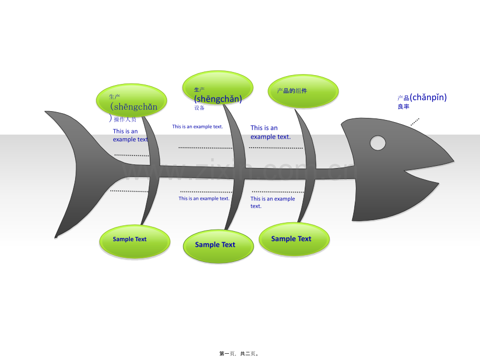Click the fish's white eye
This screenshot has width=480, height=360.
[x=378, y=142]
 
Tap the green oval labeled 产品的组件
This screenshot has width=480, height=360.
[x=303, y=91]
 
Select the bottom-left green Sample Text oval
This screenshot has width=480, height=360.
[x=134, y=241]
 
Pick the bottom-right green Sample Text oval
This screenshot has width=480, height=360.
[x=294, y=239]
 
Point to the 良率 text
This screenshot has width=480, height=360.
[x=403, y=106]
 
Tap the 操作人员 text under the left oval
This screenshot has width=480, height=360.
[x=125, y=119]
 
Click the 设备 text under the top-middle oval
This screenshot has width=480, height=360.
[x=199, y=108]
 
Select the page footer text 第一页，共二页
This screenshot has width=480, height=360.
[x=239, y=353]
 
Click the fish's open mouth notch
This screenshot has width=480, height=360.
[x=412, y=170]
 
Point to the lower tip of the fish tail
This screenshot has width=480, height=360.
[x=56, y=236]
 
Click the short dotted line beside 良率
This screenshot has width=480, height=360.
[x=415, y=122]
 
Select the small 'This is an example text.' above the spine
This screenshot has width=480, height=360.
[x=198, y=127]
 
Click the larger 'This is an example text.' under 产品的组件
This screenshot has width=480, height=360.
[x=270, y=132]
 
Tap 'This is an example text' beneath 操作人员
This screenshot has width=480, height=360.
[x=130, y=136]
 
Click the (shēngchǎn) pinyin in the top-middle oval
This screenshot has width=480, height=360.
[x=218, y=99]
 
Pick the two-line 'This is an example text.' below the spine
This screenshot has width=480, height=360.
[x=272, y=202]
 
